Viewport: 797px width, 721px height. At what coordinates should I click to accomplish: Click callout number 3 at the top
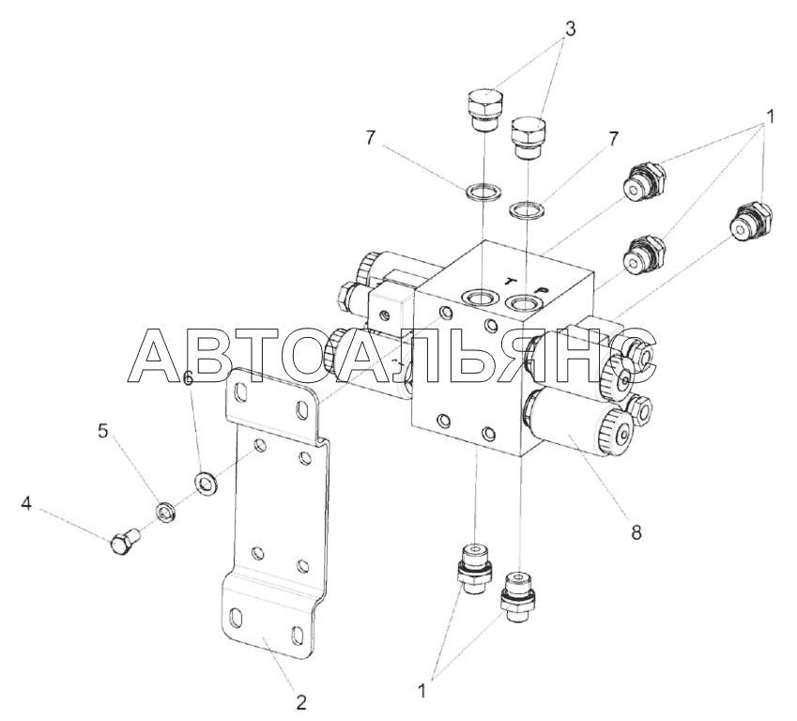(571, 29)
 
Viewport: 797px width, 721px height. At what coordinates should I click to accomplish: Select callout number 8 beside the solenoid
(636, 532)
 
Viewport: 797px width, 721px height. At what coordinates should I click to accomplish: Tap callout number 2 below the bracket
(301, 703)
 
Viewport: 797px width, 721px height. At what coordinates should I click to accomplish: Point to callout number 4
(26, 504)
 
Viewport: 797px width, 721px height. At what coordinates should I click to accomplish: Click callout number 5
(103, 431)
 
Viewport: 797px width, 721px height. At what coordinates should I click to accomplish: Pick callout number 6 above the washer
(188, 378)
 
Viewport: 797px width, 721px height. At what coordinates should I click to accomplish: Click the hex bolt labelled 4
(126, 542)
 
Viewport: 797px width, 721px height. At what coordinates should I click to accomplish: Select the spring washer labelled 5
(165, 510)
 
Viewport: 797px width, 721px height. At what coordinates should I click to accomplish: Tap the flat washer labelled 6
(206, 482)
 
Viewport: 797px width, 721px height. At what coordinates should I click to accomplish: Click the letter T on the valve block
(509, 281)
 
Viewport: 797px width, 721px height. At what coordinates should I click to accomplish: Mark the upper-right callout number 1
(770, 117)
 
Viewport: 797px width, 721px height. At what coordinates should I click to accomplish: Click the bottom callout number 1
(421, 691)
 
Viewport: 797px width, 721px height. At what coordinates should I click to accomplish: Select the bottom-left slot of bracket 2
(237, 618)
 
